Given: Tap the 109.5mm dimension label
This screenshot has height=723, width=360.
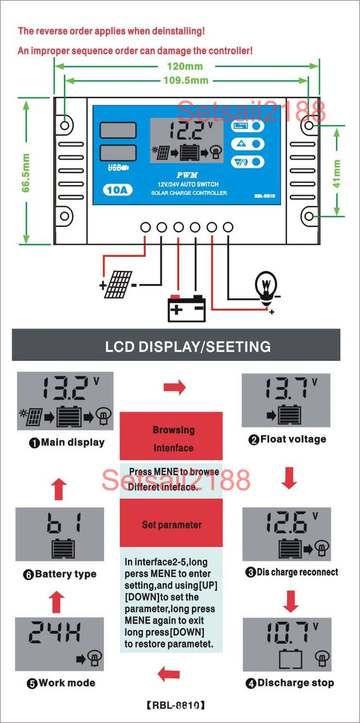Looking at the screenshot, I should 186,80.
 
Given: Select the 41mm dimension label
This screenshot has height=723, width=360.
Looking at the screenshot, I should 337,173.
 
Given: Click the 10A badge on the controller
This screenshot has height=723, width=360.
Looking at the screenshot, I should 117,190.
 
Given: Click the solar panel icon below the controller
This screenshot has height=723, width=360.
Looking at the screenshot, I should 118,285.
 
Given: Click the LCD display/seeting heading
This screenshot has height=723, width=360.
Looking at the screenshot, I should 188,346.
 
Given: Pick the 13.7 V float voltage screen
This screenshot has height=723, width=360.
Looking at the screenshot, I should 286,400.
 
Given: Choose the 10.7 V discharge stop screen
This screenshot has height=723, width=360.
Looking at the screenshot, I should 287,644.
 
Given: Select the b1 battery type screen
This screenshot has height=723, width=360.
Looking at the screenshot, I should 60,534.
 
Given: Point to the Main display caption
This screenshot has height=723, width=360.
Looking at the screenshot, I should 66,443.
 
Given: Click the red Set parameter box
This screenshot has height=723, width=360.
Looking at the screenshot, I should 171,524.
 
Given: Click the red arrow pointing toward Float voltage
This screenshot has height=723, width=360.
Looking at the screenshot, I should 174,387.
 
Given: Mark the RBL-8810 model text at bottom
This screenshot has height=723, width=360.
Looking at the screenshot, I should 176,705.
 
